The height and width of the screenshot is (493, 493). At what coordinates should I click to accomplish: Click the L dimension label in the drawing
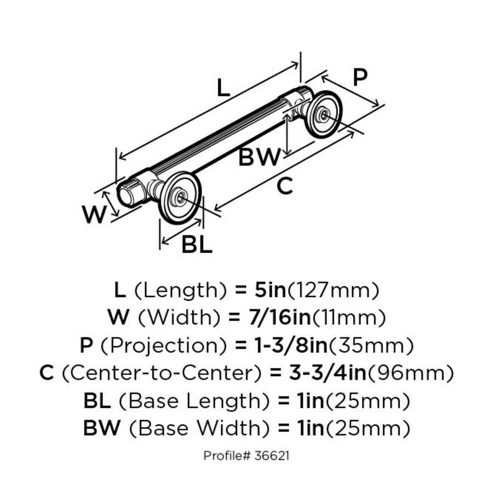(x=223, y=88)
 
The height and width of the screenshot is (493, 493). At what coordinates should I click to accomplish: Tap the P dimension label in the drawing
(x=359, y=78)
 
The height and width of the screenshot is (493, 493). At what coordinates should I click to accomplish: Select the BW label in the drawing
(x=260, y=158)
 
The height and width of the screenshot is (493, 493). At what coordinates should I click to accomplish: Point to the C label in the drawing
(x=284, y=187)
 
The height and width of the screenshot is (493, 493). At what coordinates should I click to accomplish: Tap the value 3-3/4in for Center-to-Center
(x=318, y=374)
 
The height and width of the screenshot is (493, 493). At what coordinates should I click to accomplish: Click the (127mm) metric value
(x=334, y=290)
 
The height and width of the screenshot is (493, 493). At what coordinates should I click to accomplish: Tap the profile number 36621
(x=272, y=456)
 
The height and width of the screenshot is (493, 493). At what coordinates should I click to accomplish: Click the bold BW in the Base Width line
(x=101, y=429)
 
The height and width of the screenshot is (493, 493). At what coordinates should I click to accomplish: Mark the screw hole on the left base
(x=180, y=197)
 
